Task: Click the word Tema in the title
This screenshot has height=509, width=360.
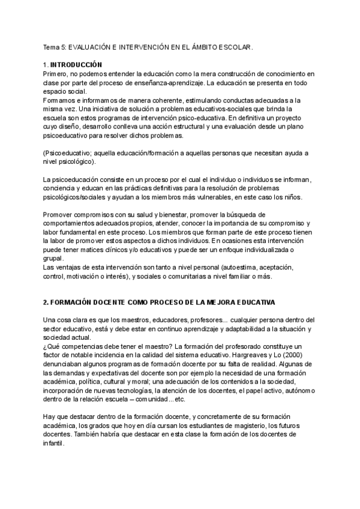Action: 51,46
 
